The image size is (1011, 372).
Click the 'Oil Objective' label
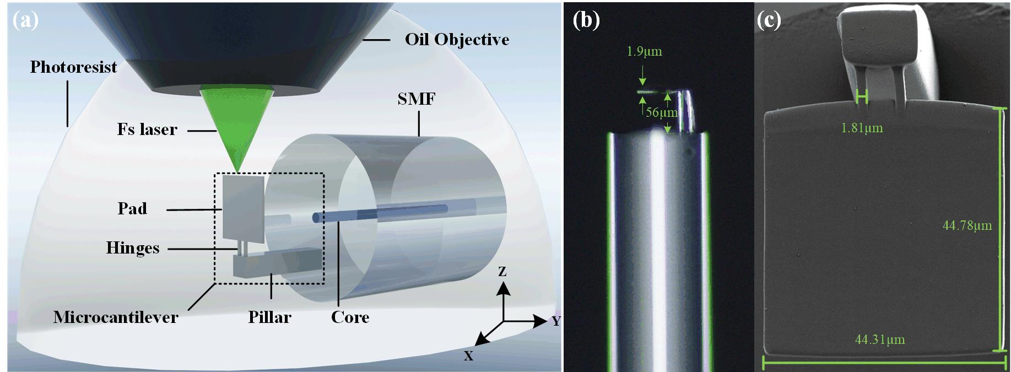[457, 40]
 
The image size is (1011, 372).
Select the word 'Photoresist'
[73, 67]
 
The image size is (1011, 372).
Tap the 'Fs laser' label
[147, 130]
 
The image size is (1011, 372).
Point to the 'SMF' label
[417, 99]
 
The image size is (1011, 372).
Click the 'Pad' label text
[132, 208]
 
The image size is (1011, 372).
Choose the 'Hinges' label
[133, 248]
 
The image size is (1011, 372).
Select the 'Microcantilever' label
[116, 317]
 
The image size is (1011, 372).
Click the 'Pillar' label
[269, 317]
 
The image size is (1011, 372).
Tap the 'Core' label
[350, 317]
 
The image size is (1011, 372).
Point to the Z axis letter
[502, 272]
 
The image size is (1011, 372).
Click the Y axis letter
[556, 321]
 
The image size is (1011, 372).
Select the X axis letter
[468, 356]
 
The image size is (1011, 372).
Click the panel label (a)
[25, 20]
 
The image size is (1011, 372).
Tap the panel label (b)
[586, 20]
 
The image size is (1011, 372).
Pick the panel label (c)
[769, 20]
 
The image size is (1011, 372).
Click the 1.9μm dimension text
[644, 52]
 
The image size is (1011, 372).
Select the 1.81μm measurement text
[862, 128]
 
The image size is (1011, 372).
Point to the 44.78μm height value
[967, 225]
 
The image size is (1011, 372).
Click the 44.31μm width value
[880, 339]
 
